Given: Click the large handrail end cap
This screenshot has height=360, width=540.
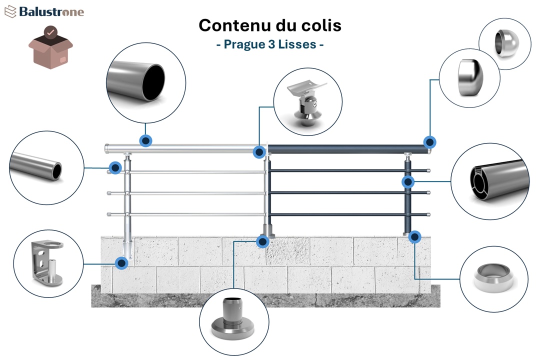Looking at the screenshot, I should click(x=469, y=78).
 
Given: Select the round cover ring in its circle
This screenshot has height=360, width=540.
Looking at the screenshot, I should click(x=493, y=278).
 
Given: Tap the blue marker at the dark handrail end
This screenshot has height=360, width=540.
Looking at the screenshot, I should click(x=429, y=142).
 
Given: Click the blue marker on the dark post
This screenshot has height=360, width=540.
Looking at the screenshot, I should click(x=408, y=182).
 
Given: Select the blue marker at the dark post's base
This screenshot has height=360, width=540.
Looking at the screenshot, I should click(x=414, y=236).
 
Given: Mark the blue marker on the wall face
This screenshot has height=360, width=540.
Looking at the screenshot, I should click(x=121, y=263).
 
